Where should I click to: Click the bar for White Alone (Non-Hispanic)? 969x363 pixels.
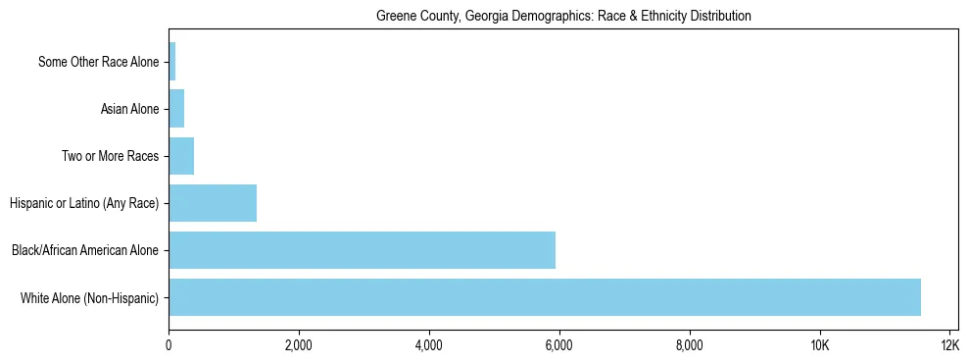tap(545, 297)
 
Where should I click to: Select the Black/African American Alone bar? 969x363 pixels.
tap(362, 250)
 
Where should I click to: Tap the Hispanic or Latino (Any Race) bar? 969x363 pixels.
tap(213, 203)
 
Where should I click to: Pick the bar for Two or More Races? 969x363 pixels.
tap(181, 156)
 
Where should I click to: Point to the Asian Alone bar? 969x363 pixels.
tap(176, 109)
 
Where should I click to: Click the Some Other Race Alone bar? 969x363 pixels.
tap(172, 62)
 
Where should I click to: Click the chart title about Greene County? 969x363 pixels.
tap(563, 17)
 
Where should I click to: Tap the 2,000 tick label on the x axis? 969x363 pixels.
tap(299, 345)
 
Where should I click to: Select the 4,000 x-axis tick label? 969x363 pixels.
tap(429, 345)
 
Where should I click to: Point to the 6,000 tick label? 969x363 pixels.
tap(559, 345)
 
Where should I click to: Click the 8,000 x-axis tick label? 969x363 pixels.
tap(690, 345)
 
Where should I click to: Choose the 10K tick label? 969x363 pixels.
tap(820, 345)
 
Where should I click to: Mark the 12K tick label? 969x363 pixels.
tap(949, 345)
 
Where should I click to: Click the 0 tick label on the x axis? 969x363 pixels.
tap(169, 345)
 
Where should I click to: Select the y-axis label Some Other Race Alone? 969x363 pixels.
tap(98, 63)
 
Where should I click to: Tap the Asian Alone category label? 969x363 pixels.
tap(129, 110)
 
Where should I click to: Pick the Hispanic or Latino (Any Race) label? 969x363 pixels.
tap(84, 204)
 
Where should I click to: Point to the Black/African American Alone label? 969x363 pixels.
tap(85, 251)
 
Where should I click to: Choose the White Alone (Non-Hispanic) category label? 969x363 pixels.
tap(89, 298)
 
